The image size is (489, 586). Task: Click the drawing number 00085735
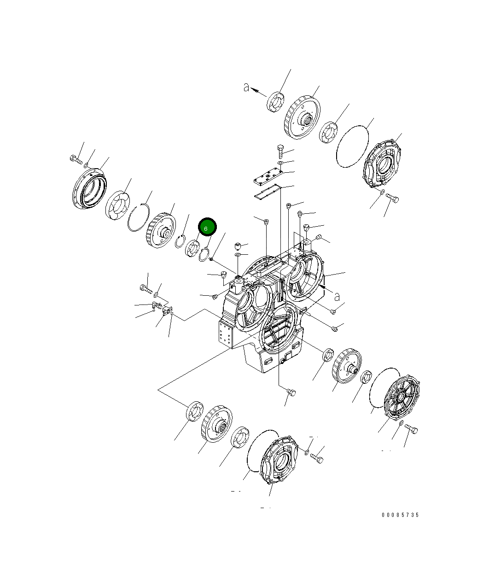click(x=400, y=515)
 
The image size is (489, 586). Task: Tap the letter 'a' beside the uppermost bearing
click(x=247, y=88)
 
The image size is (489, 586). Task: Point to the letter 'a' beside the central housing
click(x=337, y=296)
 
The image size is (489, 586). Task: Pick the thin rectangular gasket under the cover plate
click(x=268, y=192)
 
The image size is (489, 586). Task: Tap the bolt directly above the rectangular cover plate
click(x=280, y=150)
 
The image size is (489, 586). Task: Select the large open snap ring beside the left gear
click(x=139, y=218)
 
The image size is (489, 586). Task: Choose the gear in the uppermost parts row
click(x=302, y=117)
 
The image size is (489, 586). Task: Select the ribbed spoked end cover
click(x=401, y=398)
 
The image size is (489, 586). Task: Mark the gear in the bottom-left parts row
click(x=216, y=423)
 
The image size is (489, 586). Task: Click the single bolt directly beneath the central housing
click(x=291, y=393)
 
